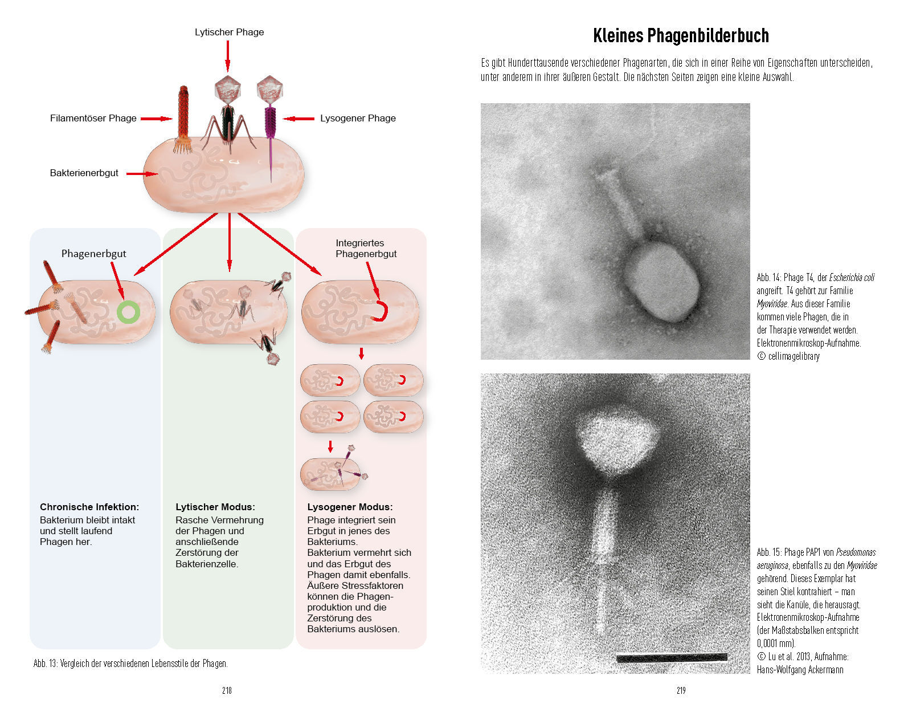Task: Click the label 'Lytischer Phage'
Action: pyautogui.click(x=229, y=32)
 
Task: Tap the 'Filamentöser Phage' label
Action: pyautogui.click(x=93, y=119)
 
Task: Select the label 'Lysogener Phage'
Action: pyautogui.click(x=358, y=119)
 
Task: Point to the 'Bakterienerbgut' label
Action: pyautogui.click(x=84, y=173)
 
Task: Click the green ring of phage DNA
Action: pyautogui.click(x=128, y=312)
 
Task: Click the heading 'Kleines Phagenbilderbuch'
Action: pyautogui.click(x=681, y=36)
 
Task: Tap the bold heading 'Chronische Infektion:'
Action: pyautogui.click(x=89, y=507)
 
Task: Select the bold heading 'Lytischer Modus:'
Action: pyautogui.click(x=215, y=507)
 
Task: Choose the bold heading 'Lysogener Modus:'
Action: pyautogui.click(x=350, y=507)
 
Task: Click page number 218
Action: pyautogui.click(x=227, y=690)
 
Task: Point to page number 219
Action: pyautogui.click(x=681, y=690)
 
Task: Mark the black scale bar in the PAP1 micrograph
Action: pyautogui.click(x=672, y=658)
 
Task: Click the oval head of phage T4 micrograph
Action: pyautogui.click(x=662, y=281)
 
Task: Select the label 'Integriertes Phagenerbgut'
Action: pyautogui.click(x=366, y=249)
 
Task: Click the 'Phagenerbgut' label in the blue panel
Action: pyautogui.click(x=94, y=254)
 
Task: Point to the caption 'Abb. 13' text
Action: pyautogui.click(x=130, y=664)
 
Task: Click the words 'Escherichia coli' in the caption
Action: pyautogui.click(x=852, y=278)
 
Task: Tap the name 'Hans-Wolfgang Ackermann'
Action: pyautogui.click(x=800, y=670)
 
